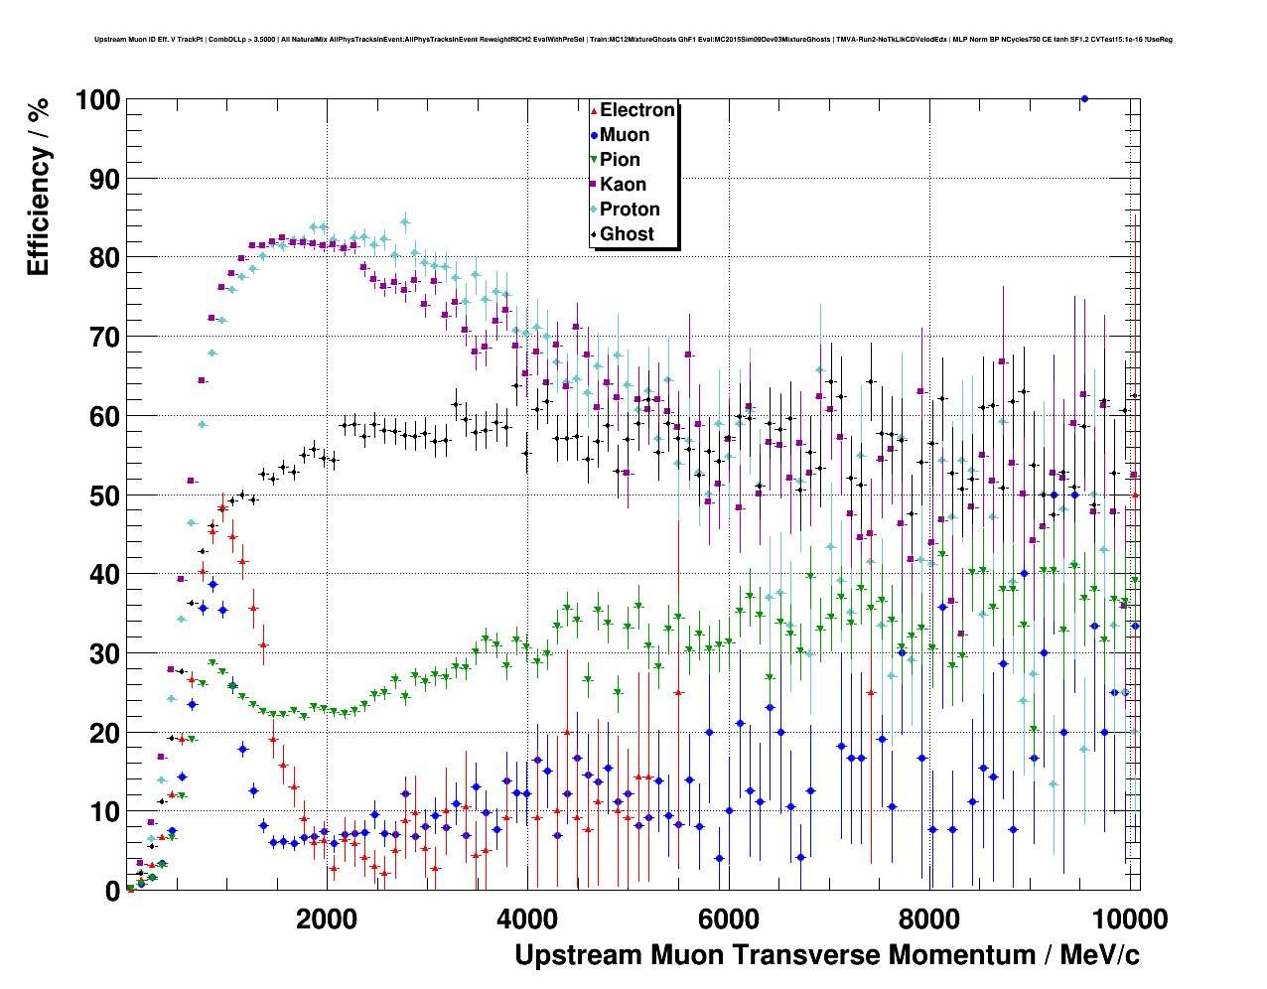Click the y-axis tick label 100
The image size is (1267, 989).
(x=96, y=100)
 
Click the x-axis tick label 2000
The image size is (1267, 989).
(x=327, y=919)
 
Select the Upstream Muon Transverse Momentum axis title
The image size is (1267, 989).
(x=826, y=955)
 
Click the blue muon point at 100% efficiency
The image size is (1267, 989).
(x=1084, y=98)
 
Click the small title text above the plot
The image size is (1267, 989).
(x=633, y=40)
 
